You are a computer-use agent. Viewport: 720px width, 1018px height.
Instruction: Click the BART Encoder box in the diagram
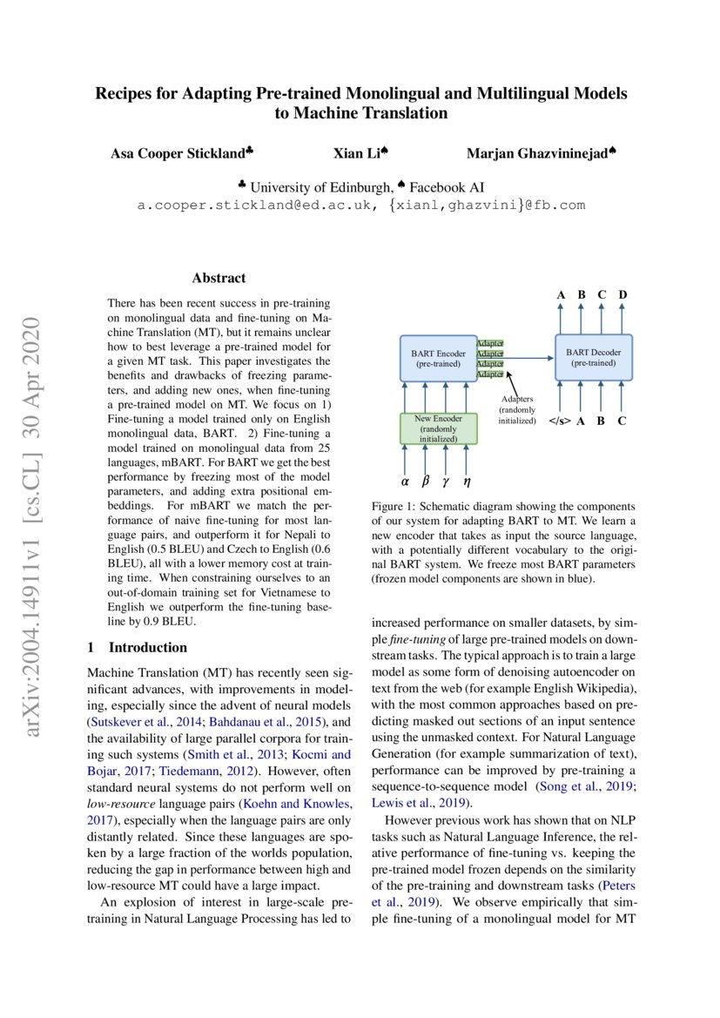(438, 359)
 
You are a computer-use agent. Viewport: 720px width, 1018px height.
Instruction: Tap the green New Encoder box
(438, 428)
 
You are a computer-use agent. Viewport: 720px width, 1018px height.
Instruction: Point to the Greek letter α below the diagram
(405, 480)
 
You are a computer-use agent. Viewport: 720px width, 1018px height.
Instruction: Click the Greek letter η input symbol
(468, 480)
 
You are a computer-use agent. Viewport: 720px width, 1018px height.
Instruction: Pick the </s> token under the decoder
(560, 421)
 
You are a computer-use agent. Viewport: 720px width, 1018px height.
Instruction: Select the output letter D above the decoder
(622, 294)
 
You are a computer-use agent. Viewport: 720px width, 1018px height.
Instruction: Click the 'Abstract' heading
(219, 279)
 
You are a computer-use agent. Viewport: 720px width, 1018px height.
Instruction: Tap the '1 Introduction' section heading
(138, 647)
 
